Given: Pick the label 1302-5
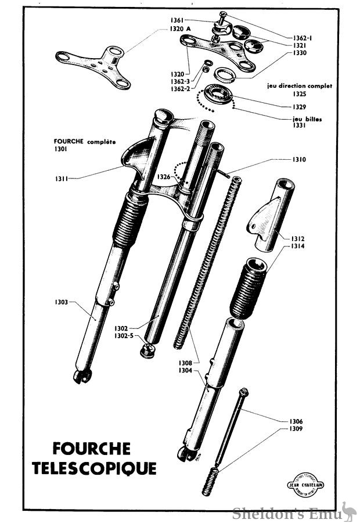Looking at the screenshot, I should pyautogui.click(x=123, y=335).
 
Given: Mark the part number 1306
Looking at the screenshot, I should pyautogui.click(x=297, y=421).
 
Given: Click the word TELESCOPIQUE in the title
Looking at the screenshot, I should pyautogui.click(x=104, y=468).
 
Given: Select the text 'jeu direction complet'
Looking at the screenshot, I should pyautogui.click(x=300, y=85).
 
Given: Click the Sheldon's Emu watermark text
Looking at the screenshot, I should pyautogui.click(x=285, y=513).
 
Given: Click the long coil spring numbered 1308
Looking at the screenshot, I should pyautogui.click(x=207, y=261).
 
